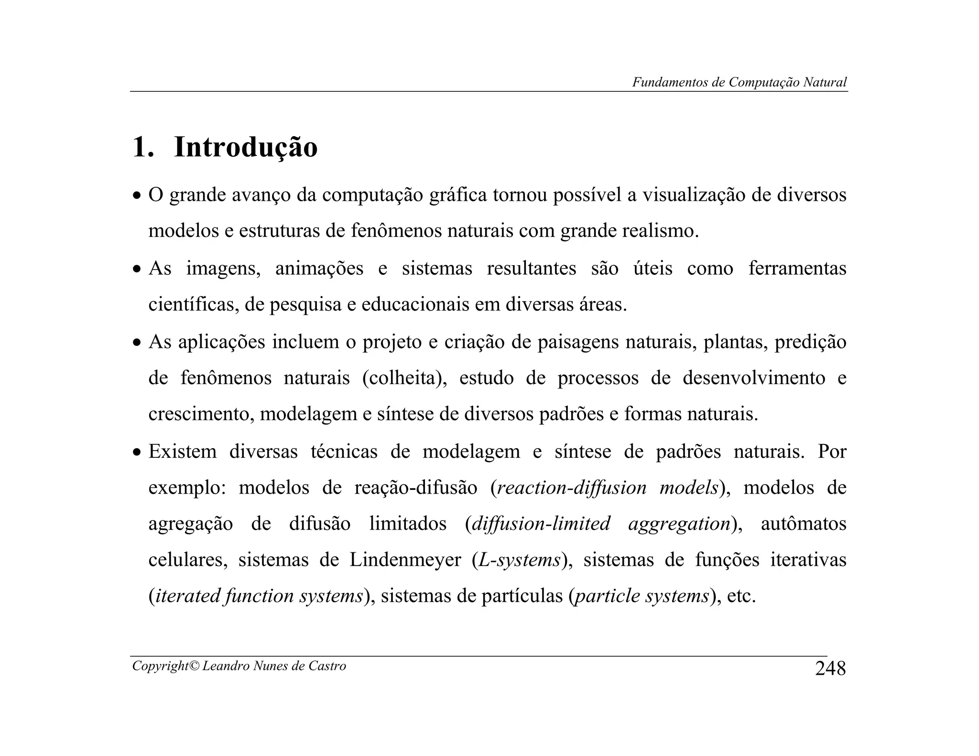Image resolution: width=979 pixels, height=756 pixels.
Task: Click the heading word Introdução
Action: [x=246, y=147]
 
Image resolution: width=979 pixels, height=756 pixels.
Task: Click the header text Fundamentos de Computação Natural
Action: [x=740, y=82]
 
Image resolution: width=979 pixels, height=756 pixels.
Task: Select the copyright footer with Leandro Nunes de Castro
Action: [x=239, y=666]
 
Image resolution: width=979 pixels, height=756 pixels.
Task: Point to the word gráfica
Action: [x=458, y=195]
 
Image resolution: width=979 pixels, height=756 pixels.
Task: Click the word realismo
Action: [x=660, y=231]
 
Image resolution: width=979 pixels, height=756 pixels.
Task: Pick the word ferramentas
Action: [x=797, y=269]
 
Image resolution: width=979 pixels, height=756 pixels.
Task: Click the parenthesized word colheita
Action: [x=404, y=378]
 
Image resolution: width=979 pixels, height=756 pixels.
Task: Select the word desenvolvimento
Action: [x=754, y=378]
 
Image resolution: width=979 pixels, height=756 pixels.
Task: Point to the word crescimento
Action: [x=201, y=414]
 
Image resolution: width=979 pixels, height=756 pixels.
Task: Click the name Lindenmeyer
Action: [x=405, y=560]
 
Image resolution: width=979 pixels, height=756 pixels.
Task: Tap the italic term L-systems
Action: [x=520, y=560]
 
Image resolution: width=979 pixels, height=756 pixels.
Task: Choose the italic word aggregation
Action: [x=679, y=524]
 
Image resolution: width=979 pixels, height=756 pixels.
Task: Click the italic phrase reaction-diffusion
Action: [x=572, y=488]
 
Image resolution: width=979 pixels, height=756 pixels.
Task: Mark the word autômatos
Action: [x=803, y=524]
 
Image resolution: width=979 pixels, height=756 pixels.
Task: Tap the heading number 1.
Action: [x=142, y=147]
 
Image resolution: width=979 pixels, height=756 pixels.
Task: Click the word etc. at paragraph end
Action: [x=741, y=596]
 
